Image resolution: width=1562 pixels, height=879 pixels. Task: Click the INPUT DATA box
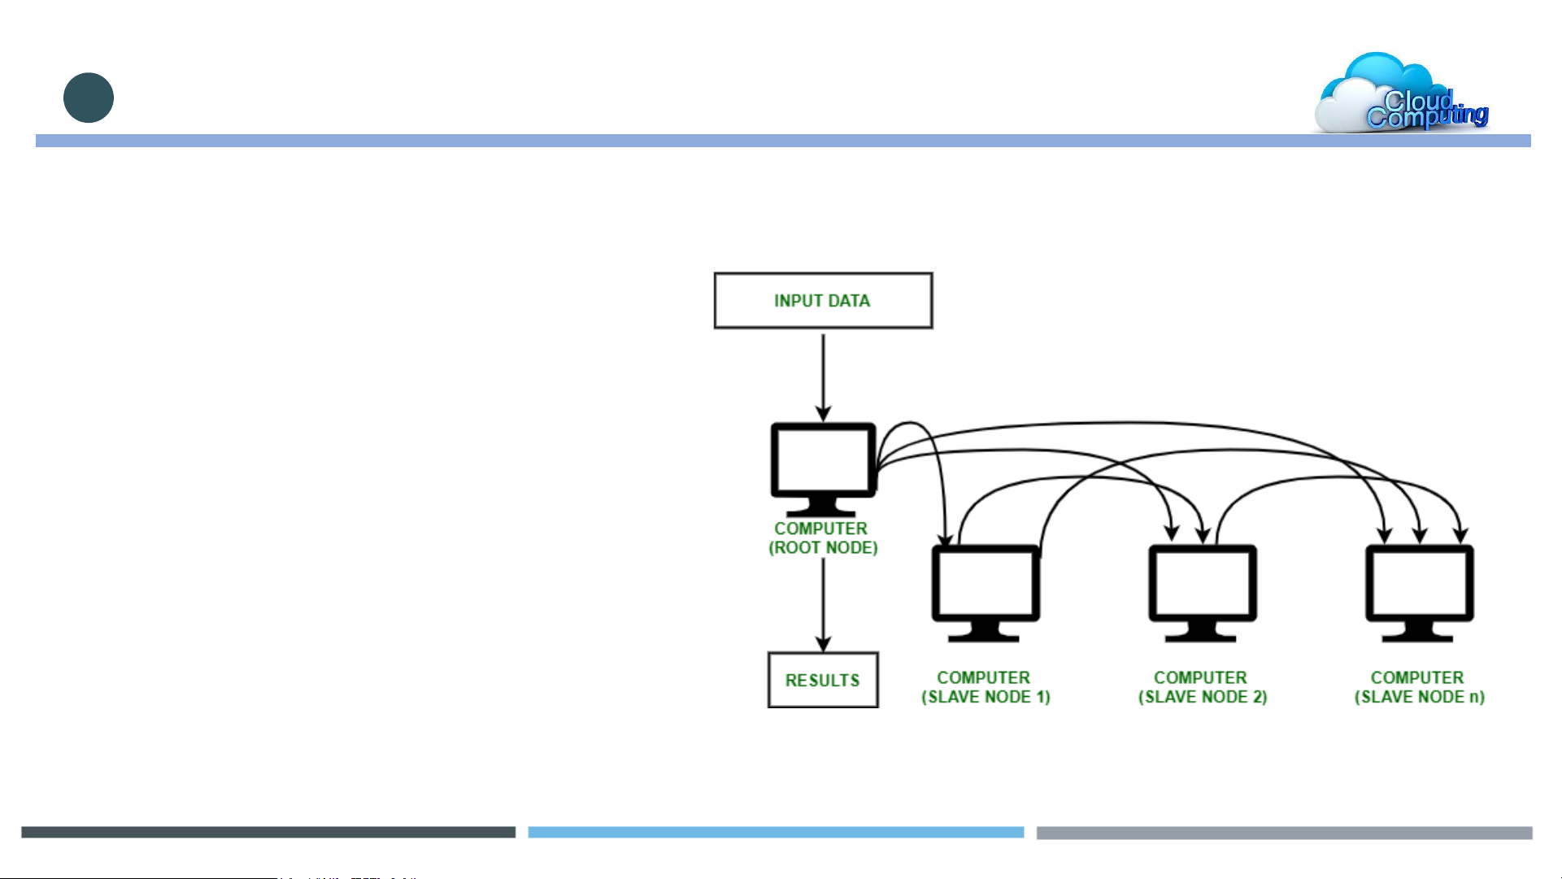click(x=823, y=300)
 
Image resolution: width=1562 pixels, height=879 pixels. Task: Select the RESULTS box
click(x=823, y=680)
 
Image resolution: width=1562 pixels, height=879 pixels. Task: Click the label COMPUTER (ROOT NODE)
click(x=823, y=538)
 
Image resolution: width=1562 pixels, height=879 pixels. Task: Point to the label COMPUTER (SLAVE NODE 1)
click(x=985, y=687)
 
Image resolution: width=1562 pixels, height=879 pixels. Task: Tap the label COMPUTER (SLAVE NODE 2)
click(x=1202, y=687)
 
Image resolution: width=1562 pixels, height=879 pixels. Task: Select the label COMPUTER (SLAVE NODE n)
click(x=1419, y=687)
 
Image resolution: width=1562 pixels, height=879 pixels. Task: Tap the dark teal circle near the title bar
click(x=89, y=98)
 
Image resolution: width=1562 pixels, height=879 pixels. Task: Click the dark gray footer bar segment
click(x=268, y=833)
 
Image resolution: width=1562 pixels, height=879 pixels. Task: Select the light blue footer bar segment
click(x=776, y=833)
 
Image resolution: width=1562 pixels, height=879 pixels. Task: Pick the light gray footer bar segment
click(x=1284, y=833)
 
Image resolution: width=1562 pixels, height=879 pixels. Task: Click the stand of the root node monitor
click(x=823, y=507)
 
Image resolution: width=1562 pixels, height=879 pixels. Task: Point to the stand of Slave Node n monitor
click(x=1419, y=632)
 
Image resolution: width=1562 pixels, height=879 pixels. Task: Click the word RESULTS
click(x=823, y=681)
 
